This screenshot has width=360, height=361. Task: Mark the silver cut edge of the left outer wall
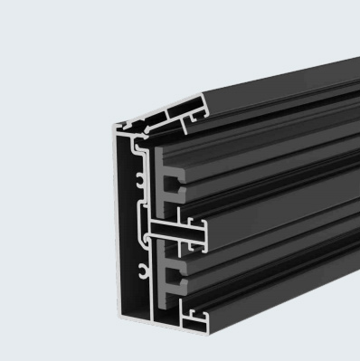pyautogui.click(x=118, y=226)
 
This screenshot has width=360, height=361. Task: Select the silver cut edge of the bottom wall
pyautogui.click(x=136, y=319)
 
